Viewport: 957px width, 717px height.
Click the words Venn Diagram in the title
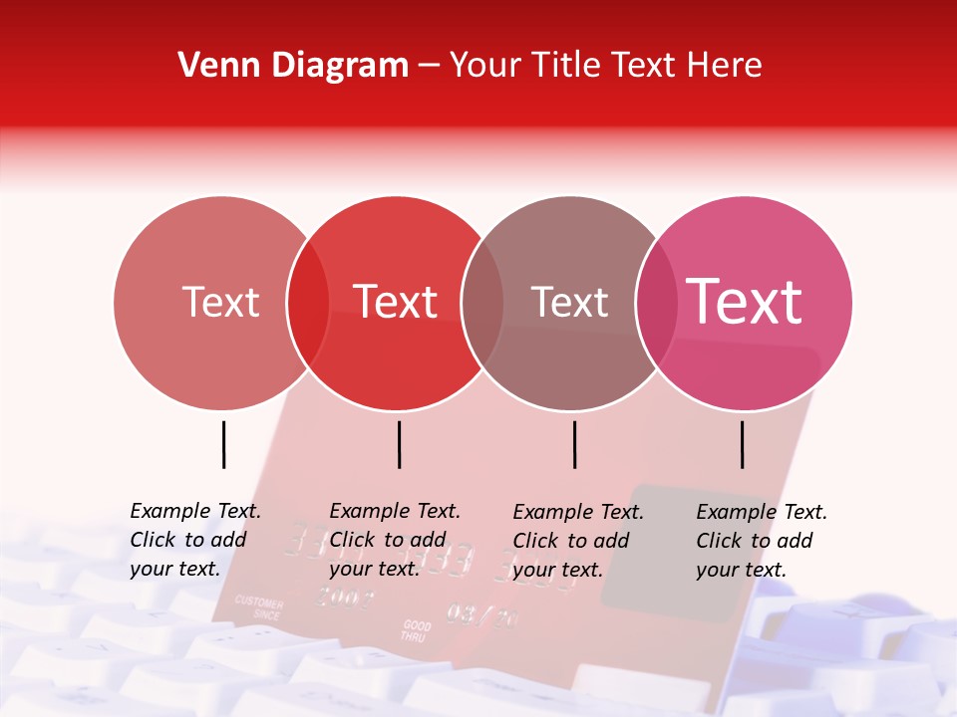coord(293,66)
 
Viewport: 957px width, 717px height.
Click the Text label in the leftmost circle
coord(220,302)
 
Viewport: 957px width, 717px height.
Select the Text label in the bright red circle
coord(395,302)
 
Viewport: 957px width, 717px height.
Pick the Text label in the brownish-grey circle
coord(569,302)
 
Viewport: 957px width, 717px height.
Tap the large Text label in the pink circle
coord(745,301)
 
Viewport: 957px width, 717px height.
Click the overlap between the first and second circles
coord(308,303)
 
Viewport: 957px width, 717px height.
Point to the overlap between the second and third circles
coord(482,303)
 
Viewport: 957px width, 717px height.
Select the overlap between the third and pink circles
coord(657,303)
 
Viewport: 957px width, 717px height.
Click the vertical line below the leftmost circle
coord(223,444)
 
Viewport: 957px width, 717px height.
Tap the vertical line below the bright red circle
coord(399,444)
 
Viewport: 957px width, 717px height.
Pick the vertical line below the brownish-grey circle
coord(574,444)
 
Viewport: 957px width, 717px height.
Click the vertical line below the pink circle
coord(742,444)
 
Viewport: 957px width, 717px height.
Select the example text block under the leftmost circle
coord(195,540)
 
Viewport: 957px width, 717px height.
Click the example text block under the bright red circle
coord(395,540)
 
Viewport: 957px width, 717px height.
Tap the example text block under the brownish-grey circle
coord(578,541)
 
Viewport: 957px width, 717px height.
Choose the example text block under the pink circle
coord(762,541)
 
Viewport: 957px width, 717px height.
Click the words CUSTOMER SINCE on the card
coord(259,608)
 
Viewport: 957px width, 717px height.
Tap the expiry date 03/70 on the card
coord(482,615)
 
